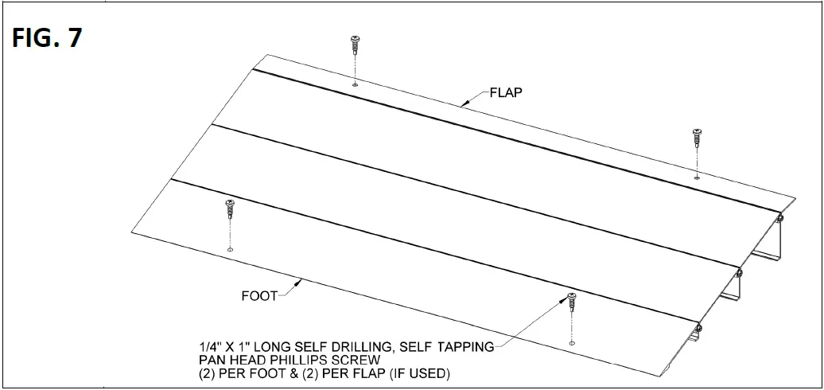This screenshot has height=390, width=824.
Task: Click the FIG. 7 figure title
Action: coord(48,38)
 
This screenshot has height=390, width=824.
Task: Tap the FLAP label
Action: coord(505,93)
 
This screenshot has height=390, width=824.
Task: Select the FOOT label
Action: coord(259,296)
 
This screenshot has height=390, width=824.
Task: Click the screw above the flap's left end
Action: coord(354,45)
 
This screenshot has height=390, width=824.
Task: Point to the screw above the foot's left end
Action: coord(229,209)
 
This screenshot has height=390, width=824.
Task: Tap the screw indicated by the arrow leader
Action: coord(571,302)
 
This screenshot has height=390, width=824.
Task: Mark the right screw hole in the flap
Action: coord(697,177)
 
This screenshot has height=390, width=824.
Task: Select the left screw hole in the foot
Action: coord(229,250)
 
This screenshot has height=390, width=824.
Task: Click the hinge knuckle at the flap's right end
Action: coord(781,218)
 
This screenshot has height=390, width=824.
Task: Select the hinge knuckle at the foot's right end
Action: coord(698,328)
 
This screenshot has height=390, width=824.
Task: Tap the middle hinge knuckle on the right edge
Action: coord(740,274)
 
